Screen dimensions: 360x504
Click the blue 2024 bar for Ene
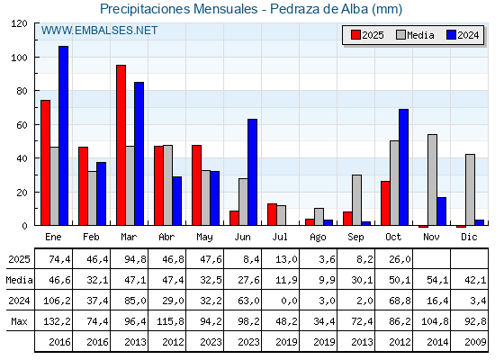tap(64, 135)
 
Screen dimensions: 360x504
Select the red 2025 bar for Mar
tap(121, 145)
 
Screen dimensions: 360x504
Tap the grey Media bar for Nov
tap(433, 180)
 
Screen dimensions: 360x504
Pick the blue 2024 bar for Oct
tap(404, 167)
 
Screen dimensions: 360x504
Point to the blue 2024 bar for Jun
tap(253, 172)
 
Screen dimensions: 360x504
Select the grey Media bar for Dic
tap(471, 190)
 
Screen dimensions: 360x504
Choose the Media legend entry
tap(415, 35)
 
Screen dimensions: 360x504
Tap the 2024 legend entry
tap(462, 35)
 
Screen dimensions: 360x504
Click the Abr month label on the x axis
tap(166, 237)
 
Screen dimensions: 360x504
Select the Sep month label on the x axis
tap(355, 237)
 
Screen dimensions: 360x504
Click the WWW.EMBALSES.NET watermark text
tap(99, 31)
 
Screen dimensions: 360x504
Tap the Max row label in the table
tap(17, 321)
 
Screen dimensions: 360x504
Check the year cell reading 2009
tap(470, 342)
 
